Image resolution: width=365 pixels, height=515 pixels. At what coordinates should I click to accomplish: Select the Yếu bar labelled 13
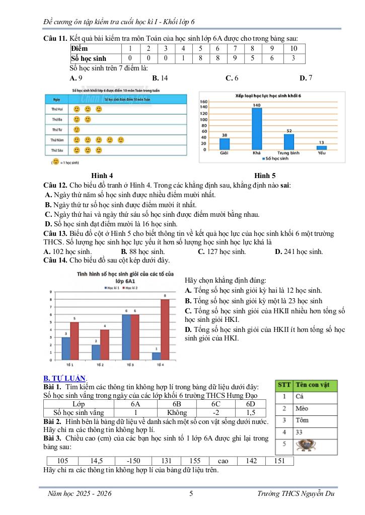coord(321,147)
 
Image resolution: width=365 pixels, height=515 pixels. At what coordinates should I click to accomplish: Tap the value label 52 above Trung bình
coord(289,131)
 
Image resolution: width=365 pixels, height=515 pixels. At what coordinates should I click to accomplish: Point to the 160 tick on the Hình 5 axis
coord(204,102)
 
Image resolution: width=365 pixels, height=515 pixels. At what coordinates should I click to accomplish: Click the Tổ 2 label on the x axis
coord(100,364)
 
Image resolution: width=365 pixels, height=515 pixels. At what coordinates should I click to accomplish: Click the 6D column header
coord(251,404)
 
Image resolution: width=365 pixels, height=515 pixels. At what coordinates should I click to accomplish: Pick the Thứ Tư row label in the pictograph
coord(56,130)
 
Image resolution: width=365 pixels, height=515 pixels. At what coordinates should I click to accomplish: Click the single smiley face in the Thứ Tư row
coord(77,130)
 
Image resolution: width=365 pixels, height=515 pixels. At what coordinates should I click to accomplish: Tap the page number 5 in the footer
coord(191,494)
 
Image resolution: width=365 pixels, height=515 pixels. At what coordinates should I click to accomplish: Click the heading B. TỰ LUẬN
coord(65,378)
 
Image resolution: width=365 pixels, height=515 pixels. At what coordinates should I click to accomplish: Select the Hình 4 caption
coord(102,175)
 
